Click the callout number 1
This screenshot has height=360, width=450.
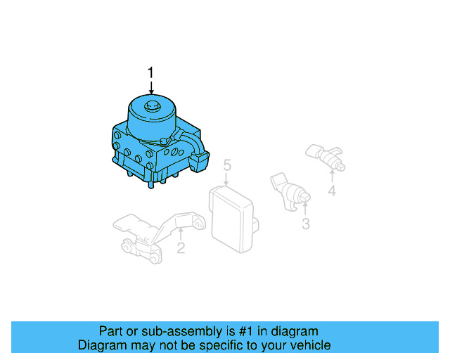[150, 72]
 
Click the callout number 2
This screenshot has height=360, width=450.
[181, 247]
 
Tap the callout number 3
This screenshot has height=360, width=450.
[305, 224]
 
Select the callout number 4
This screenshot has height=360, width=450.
[331, 190]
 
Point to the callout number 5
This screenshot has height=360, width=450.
[226, 165]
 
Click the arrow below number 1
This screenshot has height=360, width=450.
[150, 87]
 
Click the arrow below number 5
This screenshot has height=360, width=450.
[226, 180]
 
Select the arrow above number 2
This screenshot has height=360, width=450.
[181, 233]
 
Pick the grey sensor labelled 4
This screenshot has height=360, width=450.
[326, 157]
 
